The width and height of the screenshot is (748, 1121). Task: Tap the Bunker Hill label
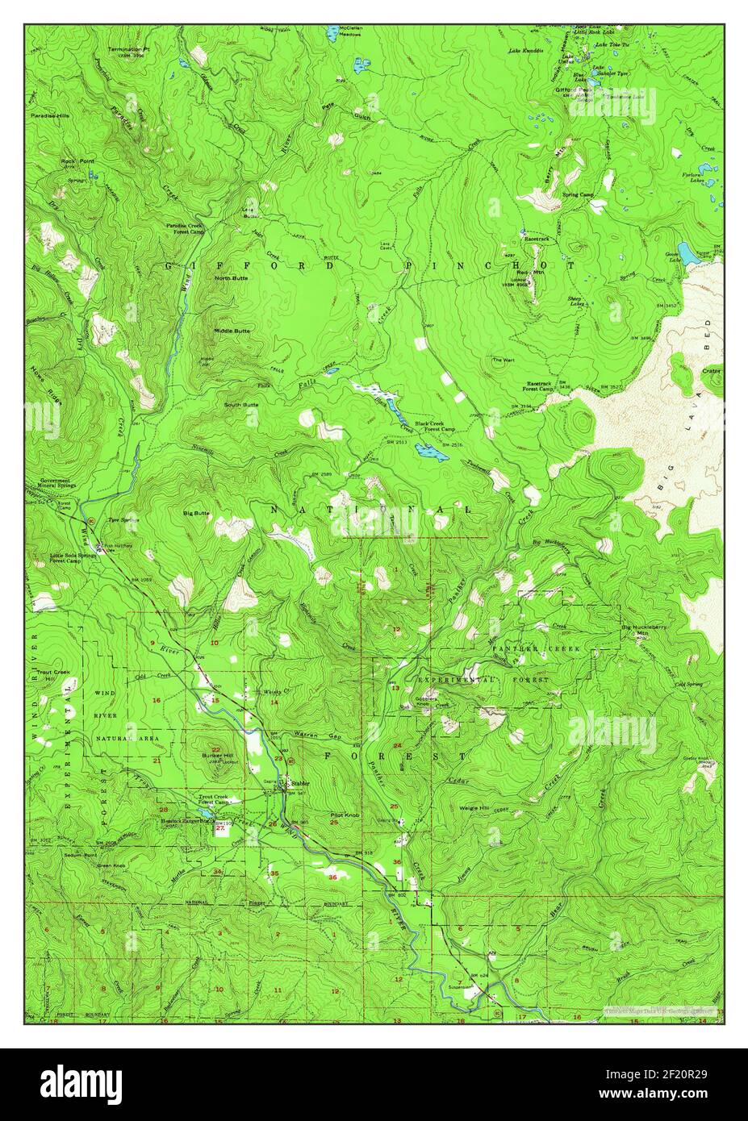(x=215, y=755)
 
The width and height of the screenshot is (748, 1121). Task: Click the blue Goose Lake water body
(x=687, y=257)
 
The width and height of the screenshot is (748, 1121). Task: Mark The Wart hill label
(x=503, y=360)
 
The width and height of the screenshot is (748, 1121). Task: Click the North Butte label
(x=231, y=278)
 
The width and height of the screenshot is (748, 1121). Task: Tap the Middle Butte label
(x=232, y=331)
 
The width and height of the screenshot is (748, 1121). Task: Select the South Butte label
(x=241, y=404)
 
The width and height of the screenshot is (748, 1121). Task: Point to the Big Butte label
(x=196, y=512)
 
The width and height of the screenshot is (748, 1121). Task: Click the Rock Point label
(x=77, y=161)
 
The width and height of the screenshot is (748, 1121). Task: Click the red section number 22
(x=215, y=726)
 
